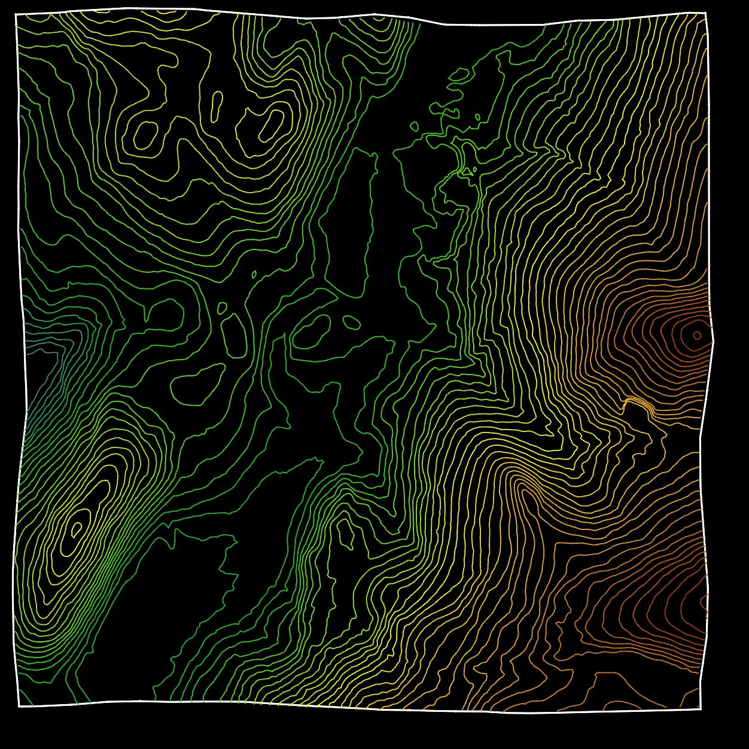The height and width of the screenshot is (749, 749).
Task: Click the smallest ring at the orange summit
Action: tap(697, 335)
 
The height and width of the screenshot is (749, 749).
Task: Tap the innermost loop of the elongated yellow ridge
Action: tap(76, 528)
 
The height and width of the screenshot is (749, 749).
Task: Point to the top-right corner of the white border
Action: tap(706, 13)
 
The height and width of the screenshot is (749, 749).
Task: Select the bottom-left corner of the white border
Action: tap(19, 707)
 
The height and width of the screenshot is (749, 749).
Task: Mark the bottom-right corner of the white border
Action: tap(701, 710)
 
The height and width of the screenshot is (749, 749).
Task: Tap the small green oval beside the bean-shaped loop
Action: tap(350, 321)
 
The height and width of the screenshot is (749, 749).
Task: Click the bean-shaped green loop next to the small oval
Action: tap(312, 332)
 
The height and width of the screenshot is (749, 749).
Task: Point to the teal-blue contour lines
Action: tap(42, 383)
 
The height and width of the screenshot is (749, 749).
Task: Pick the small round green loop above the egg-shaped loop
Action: tap(222, 308)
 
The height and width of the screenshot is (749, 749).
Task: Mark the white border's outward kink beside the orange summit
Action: tap(713, 342)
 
